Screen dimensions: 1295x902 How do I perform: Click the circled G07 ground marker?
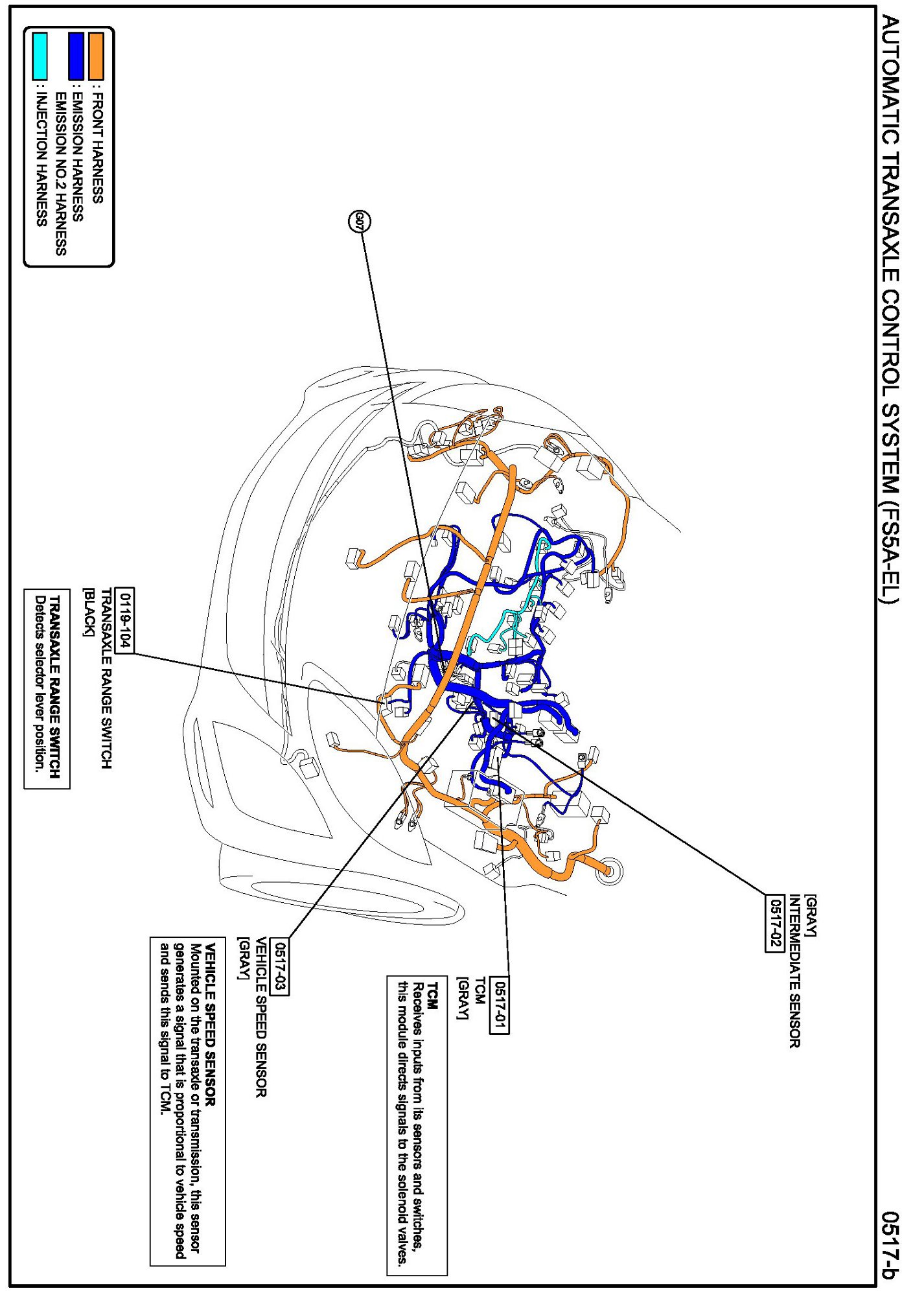pyautogui.click(x=360, y=222)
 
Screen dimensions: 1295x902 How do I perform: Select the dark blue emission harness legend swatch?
pyautogui.click(x=76, y=56)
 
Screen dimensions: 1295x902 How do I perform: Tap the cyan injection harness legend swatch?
pyautogui.click(x=40, y=56)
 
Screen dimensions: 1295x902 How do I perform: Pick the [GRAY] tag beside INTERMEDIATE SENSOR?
pyautogui.click(x=811, y=915)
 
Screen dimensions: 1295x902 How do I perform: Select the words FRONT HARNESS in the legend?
pyautogui.click(x=97, y=148)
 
